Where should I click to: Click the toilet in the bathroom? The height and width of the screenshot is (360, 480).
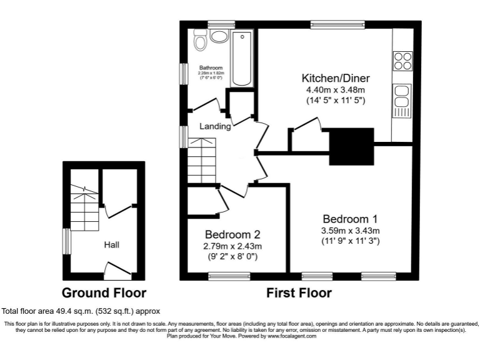(201, 41)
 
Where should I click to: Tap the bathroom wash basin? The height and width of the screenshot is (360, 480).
(219, 36)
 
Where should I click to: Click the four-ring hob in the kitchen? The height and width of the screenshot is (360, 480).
(402, 61)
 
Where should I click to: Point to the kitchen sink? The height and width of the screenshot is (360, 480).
(402, 101)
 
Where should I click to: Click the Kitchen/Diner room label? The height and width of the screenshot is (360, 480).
(336, 79)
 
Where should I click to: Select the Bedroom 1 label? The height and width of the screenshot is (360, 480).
(350, 219)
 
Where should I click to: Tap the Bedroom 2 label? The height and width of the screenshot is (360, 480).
(232, 235)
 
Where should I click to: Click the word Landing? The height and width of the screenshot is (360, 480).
(215, 126)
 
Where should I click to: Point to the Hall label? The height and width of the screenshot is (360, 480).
(111, 245)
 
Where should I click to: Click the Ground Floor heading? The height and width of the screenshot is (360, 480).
(104, 292)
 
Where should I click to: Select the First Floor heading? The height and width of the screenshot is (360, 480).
(299, 292)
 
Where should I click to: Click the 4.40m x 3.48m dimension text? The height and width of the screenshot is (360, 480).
(335, 90)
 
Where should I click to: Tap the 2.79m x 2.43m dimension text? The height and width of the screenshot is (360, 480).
(232, 246)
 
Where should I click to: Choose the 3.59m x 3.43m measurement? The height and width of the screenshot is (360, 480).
(349, 230)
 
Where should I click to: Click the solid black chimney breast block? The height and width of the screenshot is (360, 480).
(351, 146)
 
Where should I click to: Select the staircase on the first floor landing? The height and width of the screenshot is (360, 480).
(201, 161)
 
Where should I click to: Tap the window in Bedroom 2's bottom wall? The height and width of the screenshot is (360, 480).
(229, 276)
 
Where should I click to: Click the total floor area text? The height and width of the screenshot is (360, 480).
(81, 311)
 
